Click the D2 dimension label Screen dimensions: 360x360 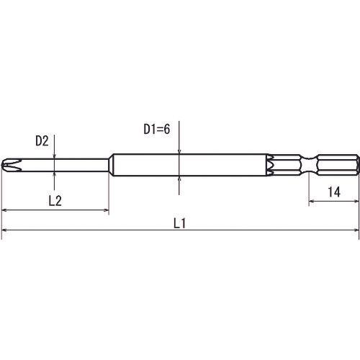pos(42,141)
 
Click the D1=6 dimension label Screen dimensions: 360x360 pos(157,129)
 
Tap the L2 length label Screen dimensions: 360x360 pos(55,201)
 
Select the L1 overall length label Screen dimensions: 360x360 pos(179,223)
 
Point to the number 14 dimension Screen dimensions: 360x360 pos(334,192)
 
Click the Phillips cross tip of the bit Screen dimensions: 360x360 pos(12,165)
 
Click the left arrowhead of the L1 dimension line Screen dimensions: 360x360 pos(5,230)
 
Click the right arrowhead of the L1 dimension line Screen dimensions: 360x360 pos(356,230)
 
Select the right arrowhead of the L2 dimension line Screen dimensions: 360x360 pos(106,210)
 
